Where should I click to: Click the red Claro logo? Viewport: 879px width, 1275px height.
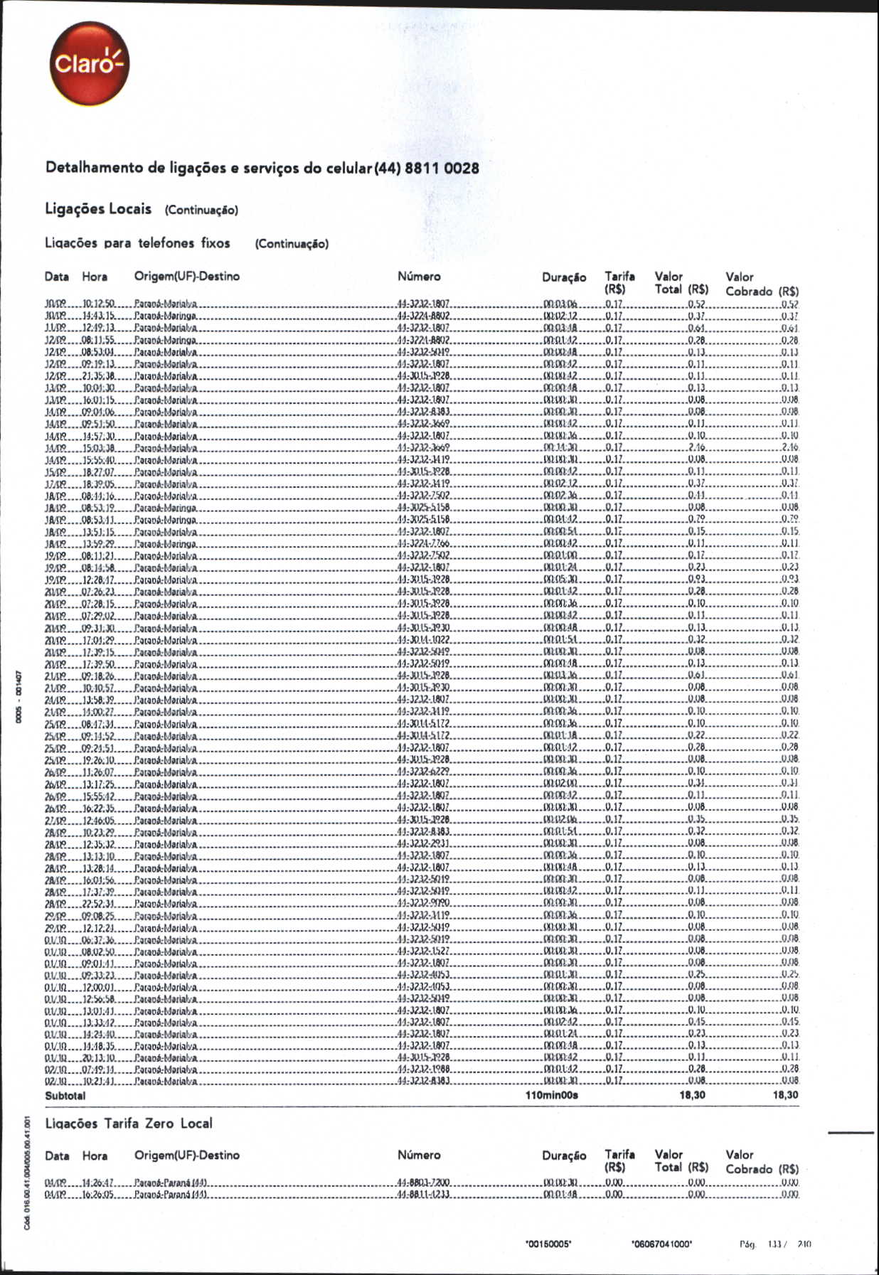90,64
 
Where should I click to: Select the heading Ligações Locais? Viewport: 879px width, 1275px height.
98,209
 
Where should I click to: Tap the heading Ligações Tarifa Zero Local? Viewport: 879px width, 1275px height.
129,1124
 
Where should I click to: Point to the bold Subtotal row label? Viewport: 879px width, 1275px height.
65,1096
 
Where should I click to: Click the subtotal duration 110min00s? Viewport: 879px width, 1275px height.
551,1096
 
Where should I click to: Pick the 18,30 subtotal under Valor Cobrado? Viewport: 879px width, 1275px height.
785,1095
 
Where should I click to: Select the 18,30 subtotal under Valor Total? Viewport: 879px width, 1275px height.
692,1095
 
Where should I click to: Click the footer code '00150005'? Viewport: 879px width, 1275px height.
548,1244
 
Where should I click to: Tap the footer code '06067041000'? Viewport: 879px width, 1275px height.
661,1244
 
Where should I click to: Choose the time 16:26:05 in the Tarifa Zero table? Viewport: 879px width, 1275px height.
99,1195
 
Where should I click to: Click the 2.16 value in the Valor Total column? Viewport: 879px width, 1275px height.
696,448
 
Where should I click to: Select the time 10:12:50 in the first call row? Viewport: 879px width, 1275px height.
99,304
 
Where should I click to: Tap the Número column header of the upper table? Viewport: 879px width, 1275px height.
419,277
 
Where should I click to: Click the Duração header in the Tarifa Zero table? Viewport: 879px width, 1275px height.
564,1156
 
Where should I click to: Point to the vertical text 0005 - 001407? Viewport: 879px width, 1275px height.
21,696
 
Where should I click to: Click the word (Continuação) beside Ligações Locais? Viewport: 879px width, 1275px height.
201,210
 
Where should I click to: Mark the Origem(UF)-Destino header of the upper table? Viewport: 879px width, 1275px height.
187,277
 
